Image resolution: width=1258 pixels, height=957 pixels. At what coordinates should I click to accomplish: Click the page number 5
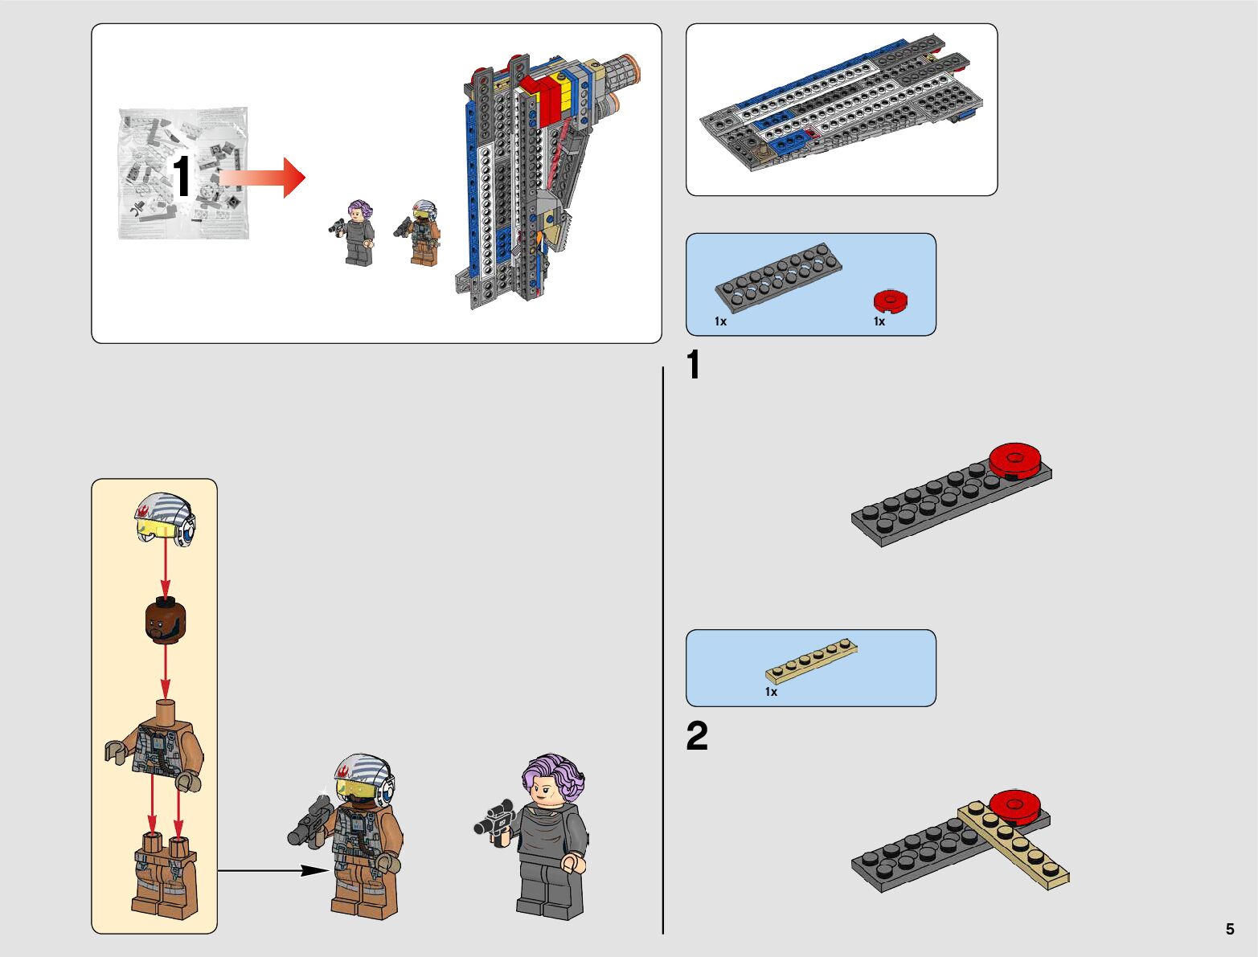[x=1230, y=929]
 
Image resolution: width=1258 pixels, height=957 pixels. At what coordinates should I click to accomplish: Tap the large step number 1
[x=694, y=366]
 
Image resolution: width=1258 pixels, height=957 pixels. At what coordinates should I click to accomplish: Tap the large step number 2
[x=697, y=736]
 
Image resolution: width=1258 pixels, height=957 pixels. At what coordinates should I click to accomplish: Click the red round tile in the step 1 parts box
[x=891, y=301]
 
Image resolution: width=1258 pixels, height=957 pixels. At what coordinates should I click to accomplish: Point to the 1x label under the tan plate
[x=771, y=692]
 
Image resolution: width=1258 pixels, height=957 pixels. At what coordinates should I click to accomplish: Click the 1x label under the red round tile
[x=879, y=321]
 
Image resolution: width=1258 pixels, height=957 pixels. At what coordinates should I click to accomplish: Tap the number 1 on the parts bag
[x=182, y=177]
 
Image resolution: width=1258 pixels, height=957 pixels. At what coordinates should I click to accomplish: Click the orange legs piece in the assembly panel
[x=164, y=876]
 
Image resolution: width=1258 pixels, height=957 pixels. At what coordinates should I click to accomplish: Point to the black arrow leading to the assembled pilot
[x=273, y=870]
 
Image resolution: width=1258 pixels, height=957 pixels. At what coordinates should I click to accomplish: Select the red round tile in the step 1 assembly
[x=1016, y=460]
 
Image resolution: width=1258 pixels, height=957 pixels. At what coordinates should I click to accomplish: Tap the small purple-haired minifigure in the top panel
[x=358, y=232]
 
